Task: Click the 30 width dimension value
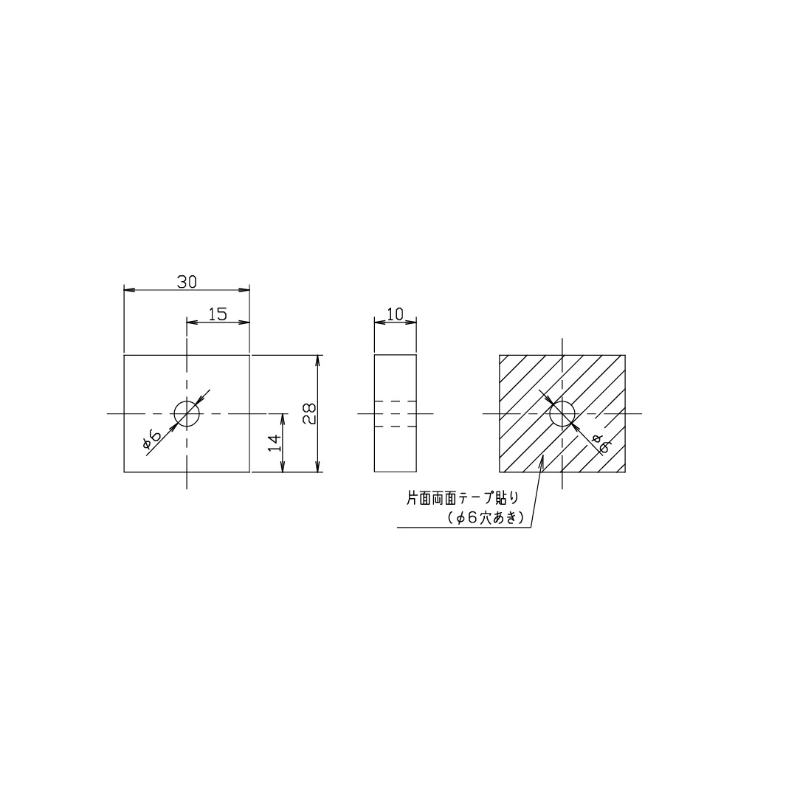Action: pos(187,282)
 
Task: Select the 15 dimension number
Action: pos(218,314)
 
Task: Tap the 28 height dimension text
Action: pos(309,414)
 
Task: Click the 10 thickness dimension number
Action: pos(395,314)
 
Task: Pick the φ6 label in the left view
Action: pos(152,439)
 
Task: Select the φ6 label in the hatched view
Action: pos(601,444)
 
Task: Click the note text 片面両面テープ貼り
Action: pos(463,498)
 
